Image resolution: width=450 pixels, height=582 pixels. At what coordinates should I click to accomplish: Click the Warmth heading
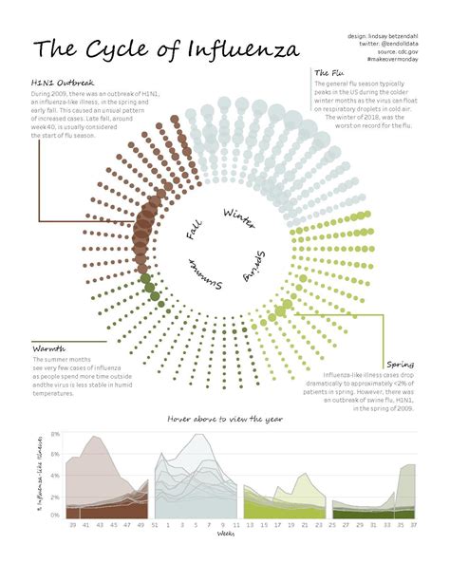[48, 348]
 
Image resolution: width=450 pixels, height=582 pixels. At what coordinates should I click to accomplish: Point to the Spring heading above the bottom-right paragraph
[400, 364]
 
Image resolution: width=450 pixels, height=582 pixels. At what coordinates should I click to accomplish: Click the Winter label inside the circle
[238, 217]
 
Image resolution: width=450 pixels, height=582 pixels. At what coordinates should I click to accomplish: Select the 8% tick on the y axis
[55, 434]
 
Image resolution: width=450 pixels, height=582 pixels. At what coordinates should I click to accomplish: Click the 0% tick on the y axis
[55, 516]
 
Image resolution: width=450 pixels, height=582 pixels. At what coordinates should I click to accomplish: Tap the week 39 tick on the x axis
[73, 525]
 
